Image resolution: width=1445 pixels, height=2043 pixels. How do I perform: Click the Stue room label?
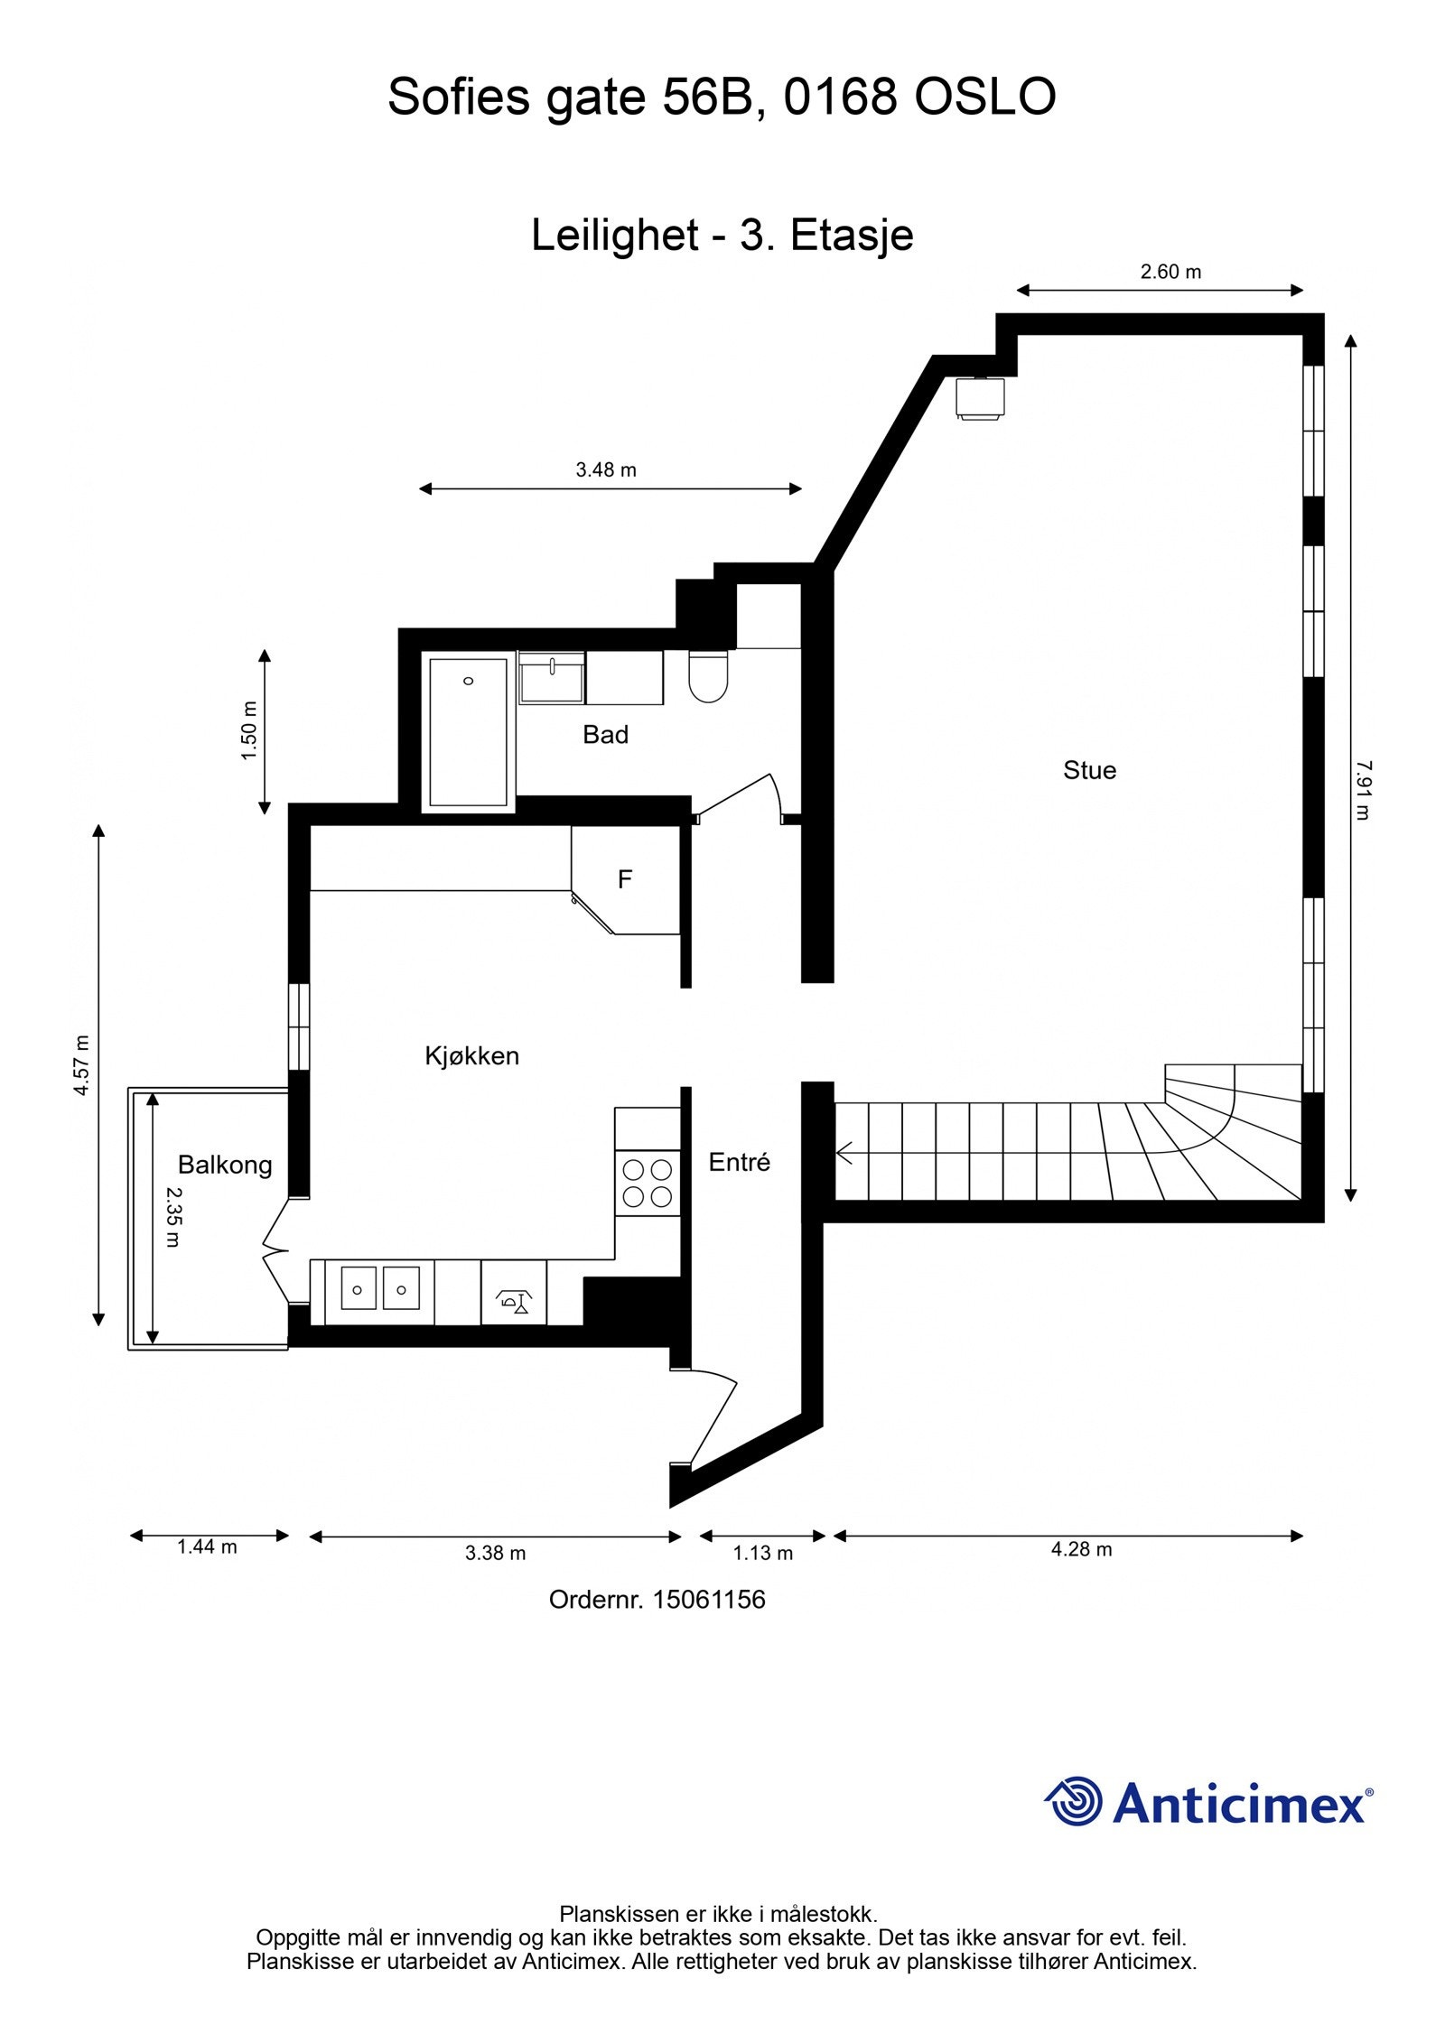coord(1089,770)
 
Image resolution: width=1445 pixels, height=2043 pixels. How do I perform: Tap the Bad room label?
coord(605,735)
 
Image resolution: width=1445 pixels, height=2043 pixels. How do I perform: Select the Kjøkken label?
coord(471,1056)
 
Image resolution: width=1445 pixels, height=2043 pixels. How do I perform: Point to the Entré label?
coord(739,1162)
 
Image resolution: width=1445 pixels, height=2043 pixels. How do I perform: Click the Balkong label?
coord(225,1165)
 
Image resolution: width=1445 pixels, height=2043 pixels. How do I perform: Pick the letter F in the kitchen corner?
coord(624,879)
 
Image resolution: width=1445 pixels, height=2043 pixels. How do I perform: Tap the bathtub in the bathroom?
coord(468,732)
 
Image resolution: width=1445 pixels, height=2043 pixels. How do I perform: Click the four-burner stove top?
coord(648,1184)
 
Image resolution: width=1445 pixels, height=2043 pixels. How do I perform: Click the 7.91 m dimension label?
coord(1363,789)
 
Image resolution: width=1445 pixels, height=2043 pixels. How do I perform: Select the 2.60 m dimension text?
coord(1170,272)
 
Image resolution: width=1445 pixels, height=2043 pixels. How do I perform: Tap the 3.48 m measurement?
coord(606,469)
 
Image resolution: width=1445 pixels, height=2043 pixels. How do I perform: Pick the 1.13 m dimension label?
coord(762,1553)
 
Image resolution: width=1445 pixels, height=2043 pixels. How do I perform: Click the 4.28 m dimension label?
coord(1081,1550)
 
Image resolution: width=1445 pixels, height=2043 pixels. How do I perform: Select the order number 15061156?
coord(709,1600)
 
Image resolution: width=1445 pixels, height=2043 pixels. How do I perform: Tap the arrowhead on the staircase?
coord(844,1153)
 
